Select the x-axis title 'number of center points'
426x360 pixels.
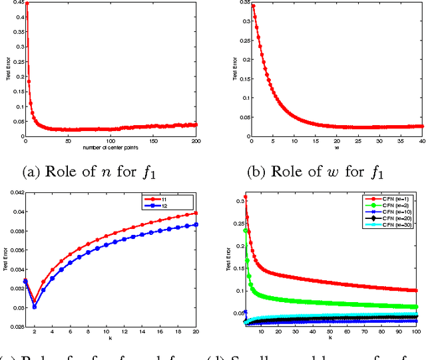[111, 147]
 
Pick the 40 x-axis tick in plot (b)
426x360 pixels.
[421, 141]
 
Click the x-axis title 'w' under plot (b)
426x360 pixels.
[335, 147]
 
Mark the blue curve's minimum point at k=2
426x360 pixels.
[35, 307]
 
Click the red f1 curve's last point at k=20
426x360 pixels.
[196, 213]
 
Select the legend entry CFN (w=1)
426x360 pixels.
[391, 198]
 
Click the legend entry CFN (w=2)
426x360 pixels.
[391, 206]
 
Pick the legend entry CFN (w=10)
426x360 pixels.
[391, 213]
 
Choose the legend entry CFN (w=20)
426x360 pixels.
[391, 220]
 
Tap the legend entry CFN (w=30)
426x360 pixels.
[391, 228]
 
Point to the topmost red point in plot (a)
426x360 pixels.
[26, 3]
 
